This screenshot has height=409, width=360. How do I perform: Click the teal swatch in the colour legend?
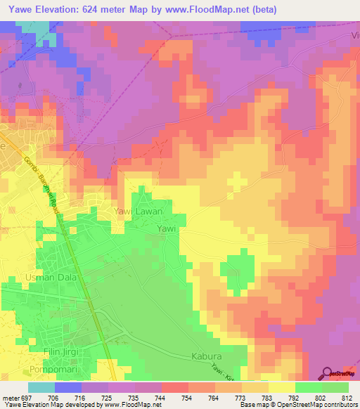41,387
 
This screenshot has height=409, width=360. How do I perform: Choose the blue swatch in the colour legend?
68,387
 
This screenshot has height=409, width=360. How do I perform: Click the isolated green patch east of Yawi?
236,269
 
